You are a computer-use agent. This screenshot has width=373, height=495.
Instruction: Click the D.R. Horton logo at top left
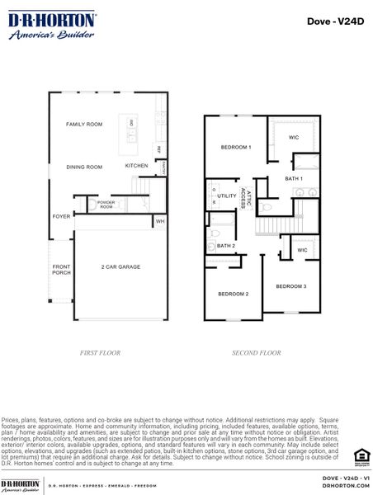click(x=51, y=25)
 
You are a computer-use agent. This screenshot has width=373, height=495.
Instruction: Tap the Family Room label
click(x=84, y=124)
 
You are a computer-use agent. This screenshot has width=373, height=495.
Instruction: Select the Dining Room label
click(x=84, y=167)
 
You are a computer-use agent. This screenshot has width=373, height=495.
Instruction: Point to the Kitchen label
click(x=136, y=165)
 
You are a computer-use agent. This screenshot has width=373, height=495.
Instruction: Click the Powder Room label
click(x=106, y=203)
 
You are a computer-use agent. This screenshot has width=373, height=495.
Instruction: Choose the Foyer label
click(x=62, y=216)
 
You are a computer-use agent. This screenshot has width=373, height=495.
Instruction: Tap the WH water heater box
click(x=159, y=221)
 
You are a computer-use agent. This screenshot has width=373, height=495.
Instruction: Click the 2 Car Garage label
click(x=120, y=266)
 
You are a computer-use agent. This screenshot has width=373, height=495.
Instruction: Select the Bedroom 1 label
click(x=235, y=147)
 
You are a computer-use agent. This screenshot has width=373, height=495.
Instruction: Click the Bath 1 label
click(x=294, y=178)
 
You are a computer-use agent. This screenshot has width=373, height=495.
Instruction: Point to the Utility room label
click(x=226, y=196)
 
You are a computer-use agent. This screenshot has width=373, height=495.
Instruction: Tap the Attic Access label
click(x=243, y=196)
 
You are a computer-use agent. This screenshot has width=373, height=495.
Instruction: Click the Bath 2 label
click(x=226, y=245)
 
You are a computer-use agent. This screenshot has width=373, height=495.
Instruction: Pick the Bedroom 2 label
click(x=233, y=294)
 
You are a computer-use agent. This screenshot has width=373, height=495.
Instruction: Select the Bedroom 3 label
click(x=290, y=285)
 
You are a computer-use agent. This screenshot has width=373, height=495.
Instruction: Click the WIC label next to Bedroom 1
click(x=294, y=137)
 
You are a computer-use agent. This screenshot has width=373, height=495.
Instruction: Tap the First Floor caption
click(x=100, y=352)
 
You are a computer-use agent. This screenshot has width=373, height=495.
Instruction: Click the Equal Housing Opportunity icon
click(x=358, y=455)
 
